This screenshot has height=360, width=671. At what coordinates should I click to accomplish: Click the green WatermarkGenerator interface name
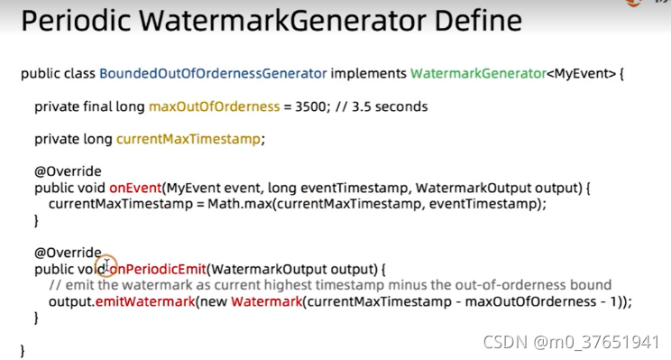coord(478,73)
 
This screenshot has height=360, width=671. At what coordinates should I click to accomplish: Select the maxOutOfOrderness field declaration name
coord(214,106)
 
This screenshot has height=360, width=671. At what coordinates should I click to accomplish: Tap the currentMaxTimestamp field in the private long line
coord(188,139)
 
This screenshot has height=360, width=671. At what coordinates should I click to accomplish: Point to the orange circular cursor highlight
coord(106,266)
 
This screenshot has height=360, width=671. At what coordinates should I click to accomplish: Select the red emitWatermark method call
coord(145,301)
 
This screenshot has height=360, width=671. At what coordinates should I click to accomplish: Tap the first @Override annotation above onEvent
coord(68,171)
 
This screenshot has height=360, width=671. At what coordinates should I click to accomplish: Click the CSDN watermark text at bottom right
coord(571,342)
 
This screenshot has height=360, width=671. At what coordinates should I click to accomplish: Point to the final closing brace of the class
coord(23,350)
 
